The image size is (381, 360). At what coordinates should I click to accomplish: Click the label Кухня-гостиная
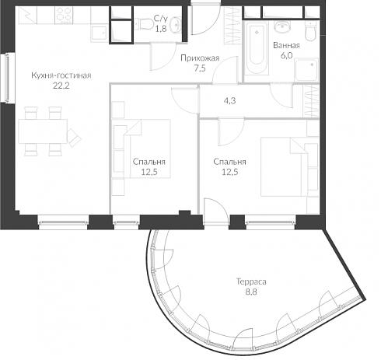coord(61,75)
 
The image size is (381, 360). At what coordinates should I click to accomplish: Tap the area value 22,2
coord(61,86)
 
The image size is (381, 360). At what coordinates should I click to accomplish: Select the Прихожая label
coord(200,58)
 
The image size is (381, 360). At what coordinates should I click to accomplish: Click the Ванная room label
coord(286,46)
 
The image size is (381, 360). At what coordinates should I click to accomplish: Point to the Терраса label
coord(251,281)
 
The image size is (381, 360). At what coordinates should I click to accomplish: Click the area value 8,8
coord(251,292)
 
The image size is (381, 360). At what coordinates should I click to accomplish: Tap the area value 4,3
coord(229,100)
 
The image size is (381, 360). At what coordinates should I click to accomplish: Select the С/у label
coord(161,19)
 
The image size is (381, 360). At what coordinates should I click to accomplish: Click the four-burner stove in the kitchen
coord(64,16)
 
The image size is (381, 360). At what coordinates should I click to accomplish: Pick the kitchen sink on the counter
coord(99,33)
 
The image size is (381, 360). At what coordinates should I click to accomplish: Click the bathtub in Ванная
coord(257,48)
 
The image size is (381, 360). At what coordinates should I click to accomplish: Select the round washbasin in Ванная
coord(283,26)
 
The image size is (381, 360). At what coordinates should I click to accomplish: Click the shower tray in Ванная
coord(306,70)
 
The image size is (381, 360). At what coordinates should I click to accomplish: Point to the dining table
coord(43,131)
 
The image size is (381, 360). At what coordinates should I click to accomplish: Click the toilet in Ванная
coord(311,31)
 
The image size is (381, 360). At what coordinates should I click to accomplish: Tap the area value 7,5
coord(200,68)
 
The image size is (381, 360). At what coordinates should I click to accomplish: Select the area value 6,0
coord(286,56)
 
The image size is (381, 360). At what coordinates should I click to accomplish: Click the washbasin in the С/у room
coord(177,24)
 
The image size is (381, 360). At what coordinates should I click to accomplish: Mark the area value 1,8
coord(161,29)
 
